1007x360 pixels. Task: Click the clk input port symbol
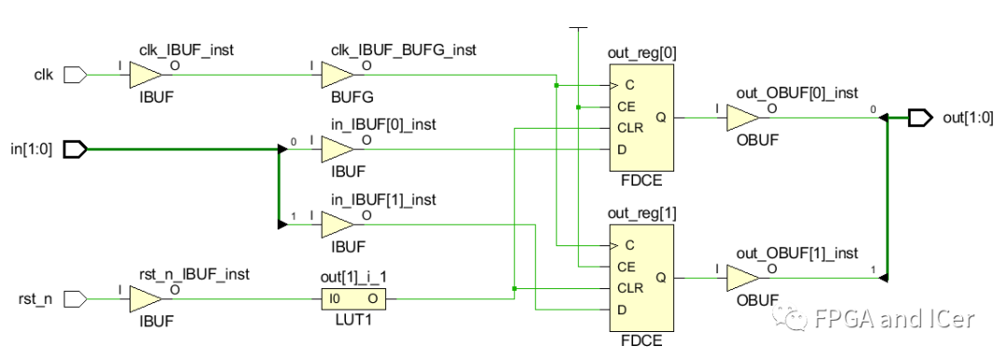click(75, 76)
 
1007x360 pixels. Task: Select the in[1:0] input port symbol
click(75, 149)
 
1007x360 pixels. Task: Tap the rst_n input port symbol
click(75, 299)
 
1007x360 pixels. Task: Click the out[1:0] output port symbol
click(919, 118)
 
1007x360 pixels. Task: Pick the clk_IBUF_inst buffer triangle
click(145, 76)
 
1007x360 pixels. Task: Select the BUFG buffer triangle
click(337, 76)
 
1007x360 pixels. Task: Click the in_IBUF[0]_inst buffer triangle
click(337, 149)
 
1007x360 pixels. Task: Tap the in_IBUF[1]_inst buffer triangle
click(337, 225)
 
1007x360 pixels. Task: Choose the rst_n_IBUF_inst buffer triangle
click(145, 299)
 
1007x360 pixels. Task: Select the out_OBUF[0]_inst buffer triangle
click(741, 118)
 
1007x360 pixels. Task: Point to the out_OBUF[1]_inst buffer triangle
click(741, 277)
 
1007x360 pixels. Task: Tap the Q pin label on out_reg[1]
click(661, 277)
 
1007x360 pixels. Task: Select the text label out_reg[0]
click(641, 53)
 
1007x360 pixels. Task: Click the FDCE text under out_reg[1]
click(641, 340)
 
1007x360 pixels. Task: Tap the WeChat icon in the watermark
click(795, 320)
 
